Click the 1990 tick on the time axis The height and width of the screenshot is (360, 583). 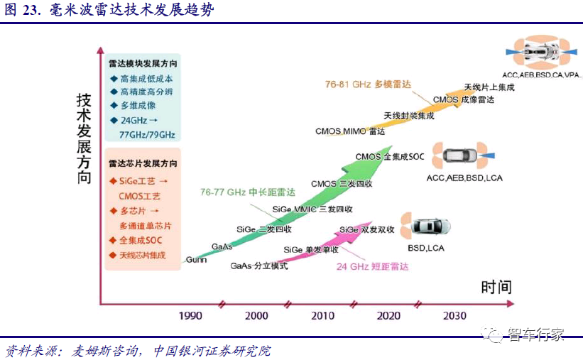tap(190, 316)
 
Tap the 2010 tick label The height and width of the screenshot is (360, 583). tap(322, 316)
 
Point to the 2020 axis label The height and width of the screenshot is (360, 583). tap(388, 316)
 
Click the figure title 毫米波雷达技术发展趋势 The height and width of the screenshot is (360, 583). tap(131, 11)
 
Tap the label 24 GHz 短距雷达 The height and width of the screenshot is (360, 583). tap(373, 266)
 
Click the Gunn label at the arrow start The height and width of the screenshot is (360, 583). tap(196, 260)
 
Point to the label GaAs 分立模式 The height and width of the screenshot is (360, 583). tap(259, 266)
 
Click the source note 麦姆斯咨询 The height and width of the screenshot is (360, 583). tap(103, 351)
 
